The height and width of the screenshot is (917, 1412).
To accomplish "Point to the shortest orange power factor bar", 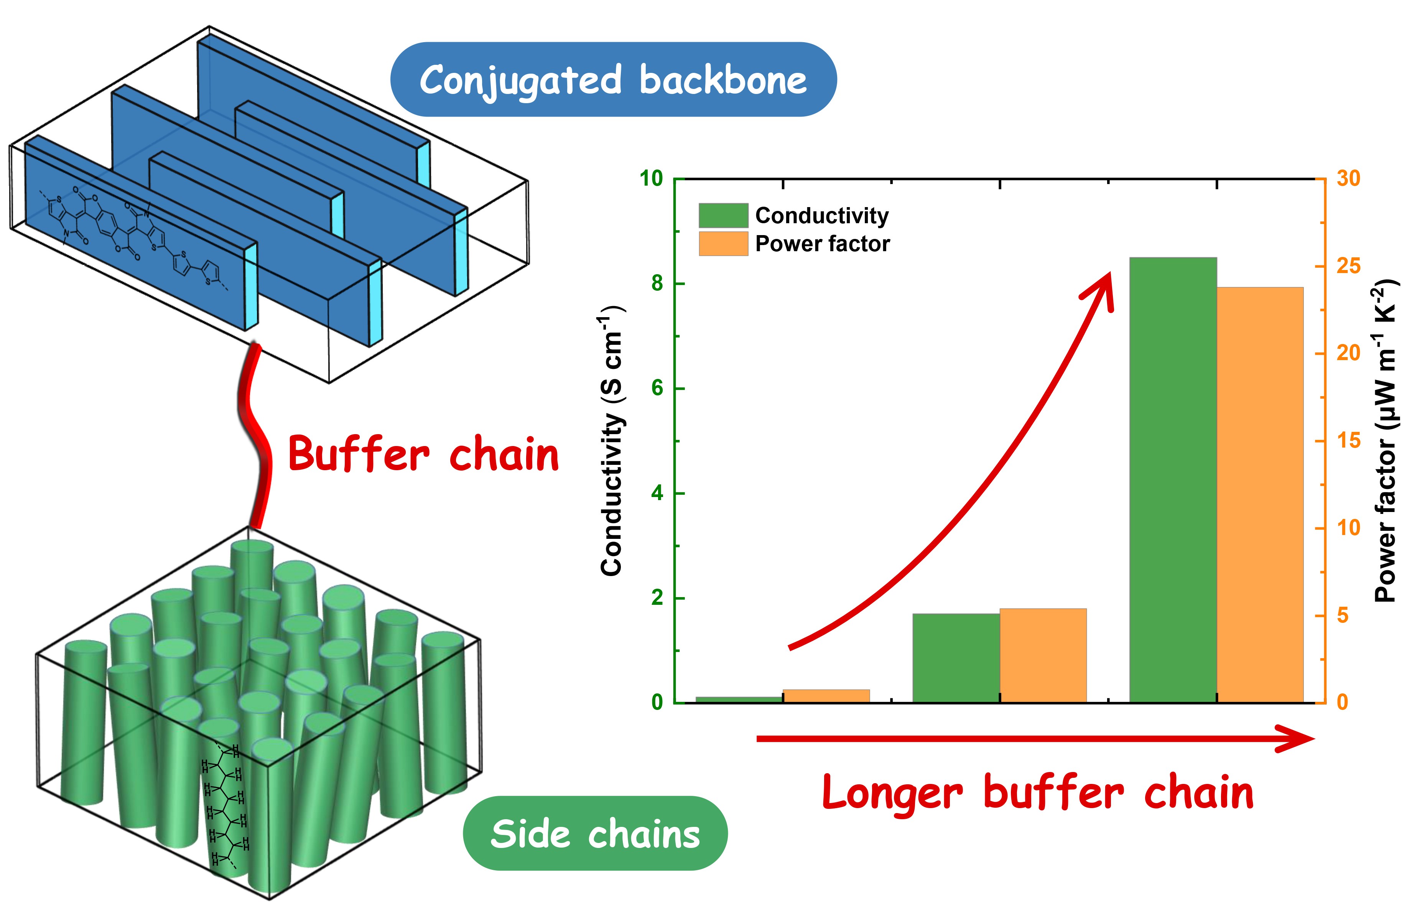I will pos(826,696).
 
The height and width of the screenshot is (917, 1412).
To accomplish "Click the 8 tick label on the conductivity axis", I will pos(657,283).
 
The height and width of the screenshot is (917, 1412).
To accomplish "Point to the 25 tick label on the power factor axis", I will pos(1348,266).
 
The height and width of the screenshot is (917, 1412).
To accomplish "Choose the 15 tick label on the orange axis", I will pos(1348,441).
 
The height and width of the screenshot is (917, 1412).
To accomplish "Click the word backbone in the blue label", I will pos(722,80).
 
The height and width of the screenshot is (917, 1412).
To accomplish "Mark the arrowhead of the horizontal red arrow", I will pos(1299,738).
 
